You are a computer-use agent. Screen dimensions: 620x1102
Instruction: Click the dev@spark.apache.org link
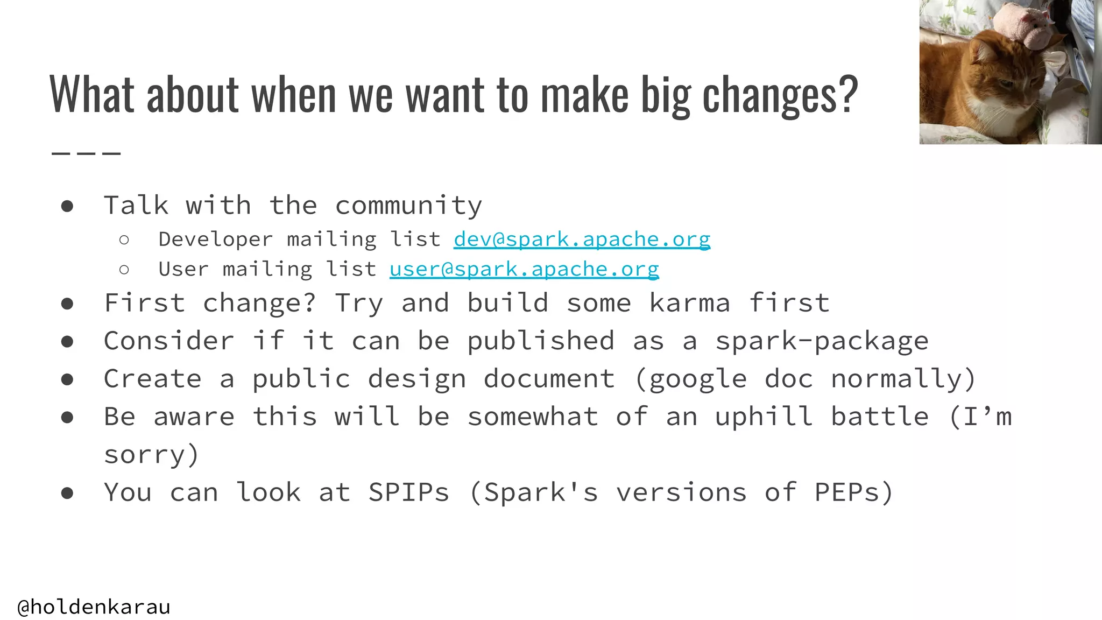582,239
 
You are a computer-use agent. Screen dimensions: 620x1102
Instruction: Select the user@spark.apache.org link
524,269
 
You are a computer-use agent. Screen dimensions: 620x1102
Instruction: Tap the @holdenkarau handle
94,607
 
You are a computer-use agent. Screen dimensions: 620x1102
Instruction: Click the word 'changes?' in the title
780,95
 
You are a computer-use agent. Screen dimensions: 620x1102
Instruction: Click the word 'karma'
690,302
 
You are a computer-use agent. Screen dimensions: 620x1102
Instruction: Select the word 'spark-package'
822,341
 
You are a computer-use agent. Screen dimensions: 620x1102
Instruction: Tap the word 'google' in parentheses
698,379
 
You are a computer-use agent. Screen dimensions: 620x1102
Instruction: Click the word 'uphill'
764,417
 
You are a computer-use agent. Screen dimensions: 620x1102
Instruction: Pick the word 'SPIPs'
408,492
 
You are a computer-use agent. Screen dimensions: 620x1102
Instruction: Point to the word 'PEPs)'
854,492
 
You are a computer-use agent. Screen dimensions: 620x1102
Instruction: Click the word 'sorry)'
151,455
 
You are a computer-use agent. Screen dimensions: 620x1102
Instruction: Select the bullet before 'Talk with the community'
67,206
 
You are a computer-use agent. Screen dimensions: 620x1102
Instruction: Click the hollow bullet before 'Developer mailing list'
124,240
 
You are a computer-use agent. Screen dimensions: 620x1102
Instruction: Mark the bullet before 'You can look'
67,493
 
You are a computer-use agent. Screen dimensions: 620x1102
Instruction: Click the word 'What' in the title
91,95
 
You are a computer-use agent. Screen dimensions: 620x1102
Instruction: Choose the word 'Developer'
215,239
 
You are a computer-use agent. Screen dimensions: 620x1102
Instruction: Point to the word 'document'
549,379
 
